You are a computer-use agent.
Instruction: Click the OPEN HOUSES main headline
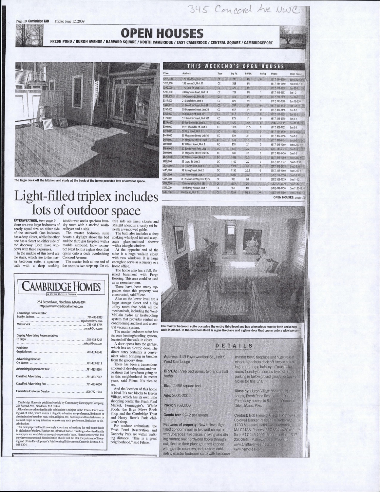pyautogui.click(x=162, y=33)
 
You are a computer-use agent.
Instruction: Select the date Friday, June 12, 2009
pyautogui.click(x=69, y=21)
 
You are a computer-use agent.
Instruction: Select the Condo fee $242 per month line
pyautogui.click(x=186, y=415)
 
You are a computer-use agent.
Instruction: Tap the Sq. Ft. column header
pyautogui.click(x=234, y=74)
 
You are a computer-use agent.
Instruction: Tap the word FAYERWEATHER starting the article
pyautogui.click(x=26, y=221)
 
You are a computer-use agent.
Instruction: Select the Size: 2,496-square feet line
pyautogui.click(x=182, y=386)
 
